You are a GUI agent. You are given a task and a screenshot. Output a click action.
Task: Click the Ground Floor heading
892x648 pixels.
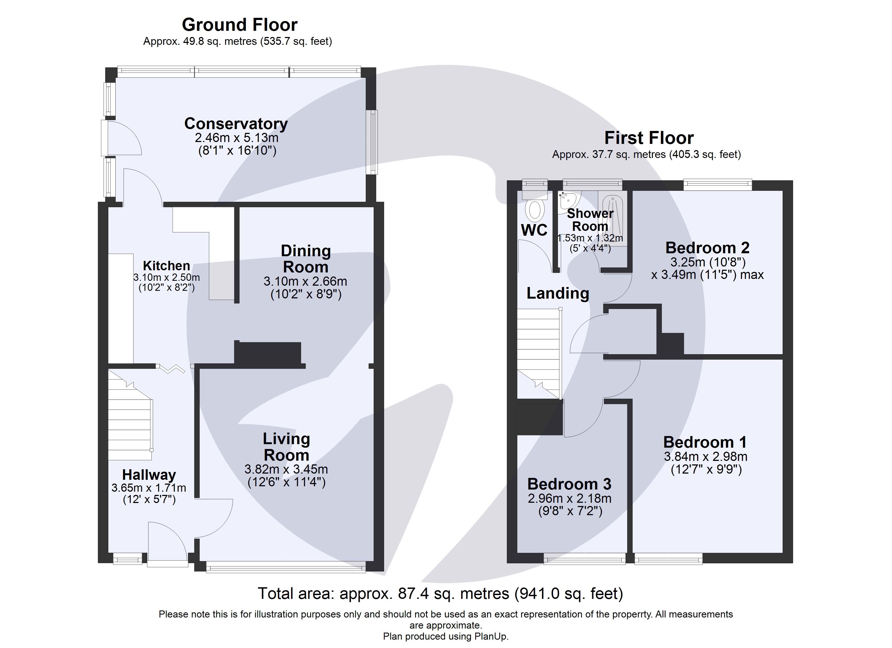pyautogui.click(x=239, y=25)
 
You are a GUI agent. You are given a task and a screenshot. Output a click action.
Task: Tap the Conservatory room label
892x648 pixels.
pyautogui.click(x=236, y=123)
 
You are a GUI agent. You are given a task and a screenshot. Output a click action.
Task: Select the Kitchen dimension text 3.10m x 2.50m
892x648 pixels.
pyautogui.click(x=166, y=278)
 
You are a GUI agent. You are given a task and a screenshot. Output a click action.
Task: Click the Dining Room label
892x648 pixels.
pyautogui.click(x=306, y=259)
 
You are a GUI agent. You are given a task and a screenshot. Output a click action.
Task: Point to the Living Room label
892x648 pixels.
pyautogui.click(x=286, y=447)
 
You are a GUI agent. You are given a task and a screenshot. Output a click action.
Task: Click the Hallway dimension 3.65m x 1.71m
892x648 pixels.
pyautogui.click(x=149, y=488)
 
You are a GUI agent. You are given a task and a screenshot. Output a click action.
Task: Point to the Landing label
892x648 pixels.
pyautogui.click(x=558, y=293)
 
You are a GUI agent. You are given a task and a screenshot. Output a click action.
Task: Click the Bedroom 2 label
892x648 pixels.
pyautogui.click(x=707, y=248)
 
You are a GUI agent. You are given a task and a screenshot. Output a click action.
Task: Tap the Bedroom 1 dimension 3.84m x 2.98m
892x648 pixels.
pyautogui.click(x=705, y=456)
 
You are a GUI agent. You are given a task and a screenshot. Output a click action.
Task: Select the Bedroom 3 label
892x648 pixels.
pyautogui.click(x=569, y=484)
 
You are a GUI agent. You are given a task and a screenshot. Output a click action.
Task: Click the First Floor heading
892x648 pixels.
pyautogui.click(x=649, y=138)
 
